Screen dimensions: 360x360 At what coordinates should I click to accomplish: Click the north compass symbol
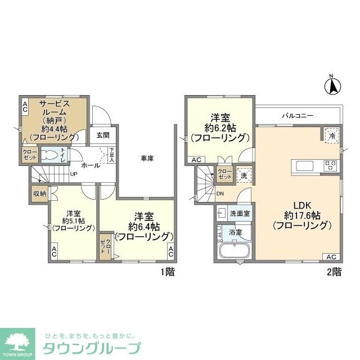point(332,85)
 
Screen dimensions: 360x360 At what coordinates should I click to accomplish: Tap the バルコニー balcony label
point(298,116)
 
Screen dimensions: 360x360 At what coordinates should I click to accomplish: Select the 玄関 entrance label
point(102,135)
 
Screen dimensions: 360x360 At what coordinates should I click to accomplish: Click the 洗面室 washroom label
point(240,214)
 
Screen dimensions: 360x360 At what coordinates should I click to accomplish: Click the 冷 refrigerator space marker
point(332,136)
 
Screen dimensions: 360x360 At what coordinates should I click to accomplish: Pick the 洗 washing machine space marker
point(243,174)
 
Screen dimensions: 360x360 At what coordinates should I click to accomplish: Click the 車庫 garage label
point(147,159)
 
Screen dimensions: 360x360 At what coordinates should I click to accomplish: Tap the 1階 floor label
point(166,272)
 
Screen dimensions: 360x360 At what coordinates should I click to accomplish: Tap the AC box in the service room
point(25,106)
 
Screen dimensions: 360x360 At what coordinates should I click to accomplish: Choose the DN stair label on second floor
point(220,194)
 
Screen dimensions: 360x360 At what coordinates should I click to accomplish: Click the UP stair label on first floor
point(73,174)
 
